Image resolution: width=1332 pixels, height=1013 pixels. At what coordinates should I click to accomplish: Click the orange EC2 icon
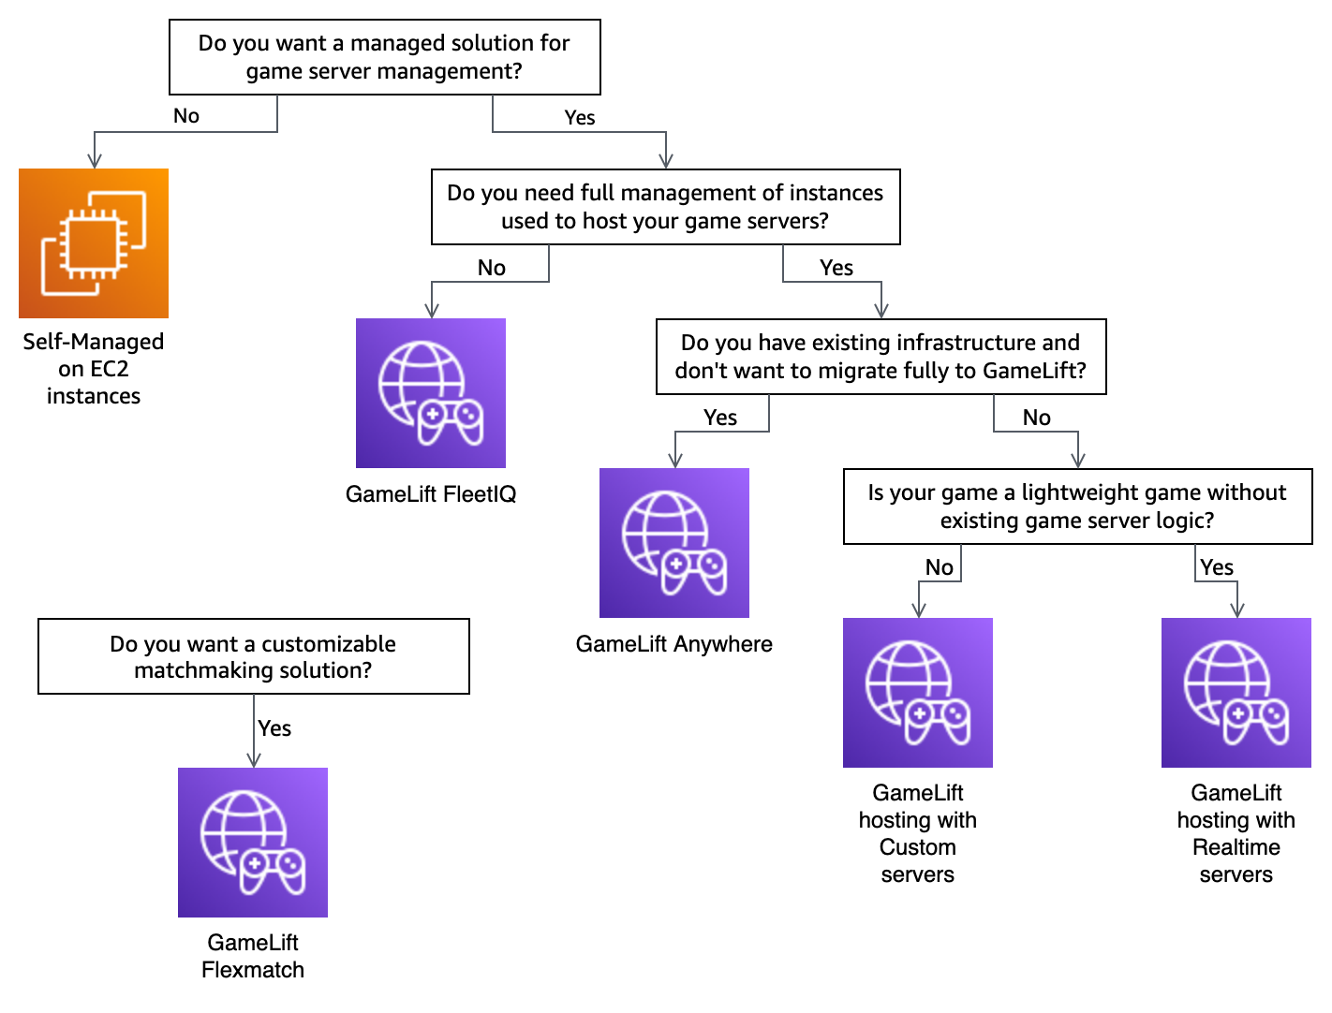click(x=94, y=243)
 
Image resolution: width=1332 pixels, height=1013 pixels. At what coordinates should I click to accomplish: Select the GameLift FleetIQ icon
click(x=431, y=393)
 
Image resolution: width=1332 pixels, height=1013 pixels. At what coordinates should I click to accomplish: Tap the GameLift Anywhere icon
click(x=674, y=543)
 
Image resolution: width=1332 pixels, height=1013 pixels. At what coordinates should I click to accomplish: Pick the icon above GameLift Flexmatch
click(x=253, y=843)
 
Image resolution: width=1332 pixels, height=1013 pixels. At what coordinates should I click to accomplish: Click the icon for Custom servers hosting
click(x=918, y=693)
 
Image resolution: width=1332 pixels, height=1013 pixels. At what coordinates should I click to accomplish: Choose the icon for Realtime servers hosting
click(x=1236, y=693)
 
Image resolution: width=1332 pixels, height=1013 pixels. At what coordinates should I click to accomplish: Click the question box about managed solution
click(x=384, y=57)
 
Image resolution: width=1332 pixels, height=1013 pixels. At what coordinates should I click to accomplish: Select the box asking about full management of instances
click(x=665, y=207)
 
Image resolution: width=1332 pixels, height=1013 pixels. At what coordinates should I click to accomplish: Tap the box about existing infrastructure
click(x=881, y=357)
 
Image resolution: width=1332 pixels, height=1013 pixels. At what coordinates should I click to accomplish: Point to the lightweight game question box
click(x=1077, y=506)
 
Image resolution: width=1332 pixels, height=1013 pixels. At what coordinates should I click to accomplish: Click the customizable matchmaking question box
click(x=253, y=656)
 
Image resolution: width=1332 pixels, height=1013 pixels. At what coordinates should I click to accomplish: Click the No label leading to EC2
click(x=186, y=116)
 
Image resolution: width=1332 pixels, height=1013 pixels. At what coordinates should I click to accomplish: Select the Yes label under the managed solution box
click(x=580, y=118)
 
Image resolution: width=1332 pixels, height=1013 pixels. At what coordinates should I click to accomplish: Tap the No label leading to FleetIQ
click(x=492, y=269)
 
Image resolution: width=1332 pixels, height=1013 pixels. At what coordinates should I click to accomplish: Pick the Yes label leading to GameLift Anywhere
click(x=720, y=418)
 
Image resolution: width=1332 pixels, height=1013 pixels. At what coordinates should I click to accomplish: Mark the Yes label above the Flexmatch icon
click(x=274, y=728)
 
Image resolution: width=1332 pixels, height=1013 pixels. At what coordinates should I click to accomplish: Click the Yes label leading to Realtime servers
click(x=1217, y=567)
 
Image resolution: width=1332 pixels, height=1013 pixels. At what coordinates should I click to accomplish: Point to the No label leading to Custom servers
click(x=940, y=567)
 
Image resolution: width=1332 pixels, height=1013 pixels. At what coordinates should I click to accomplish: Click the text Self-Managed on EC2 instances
click(x=94, y=369)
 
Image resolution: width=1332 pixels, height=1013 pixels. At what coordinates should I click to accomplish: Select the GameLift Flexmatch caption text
click(x=253, y=956)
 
